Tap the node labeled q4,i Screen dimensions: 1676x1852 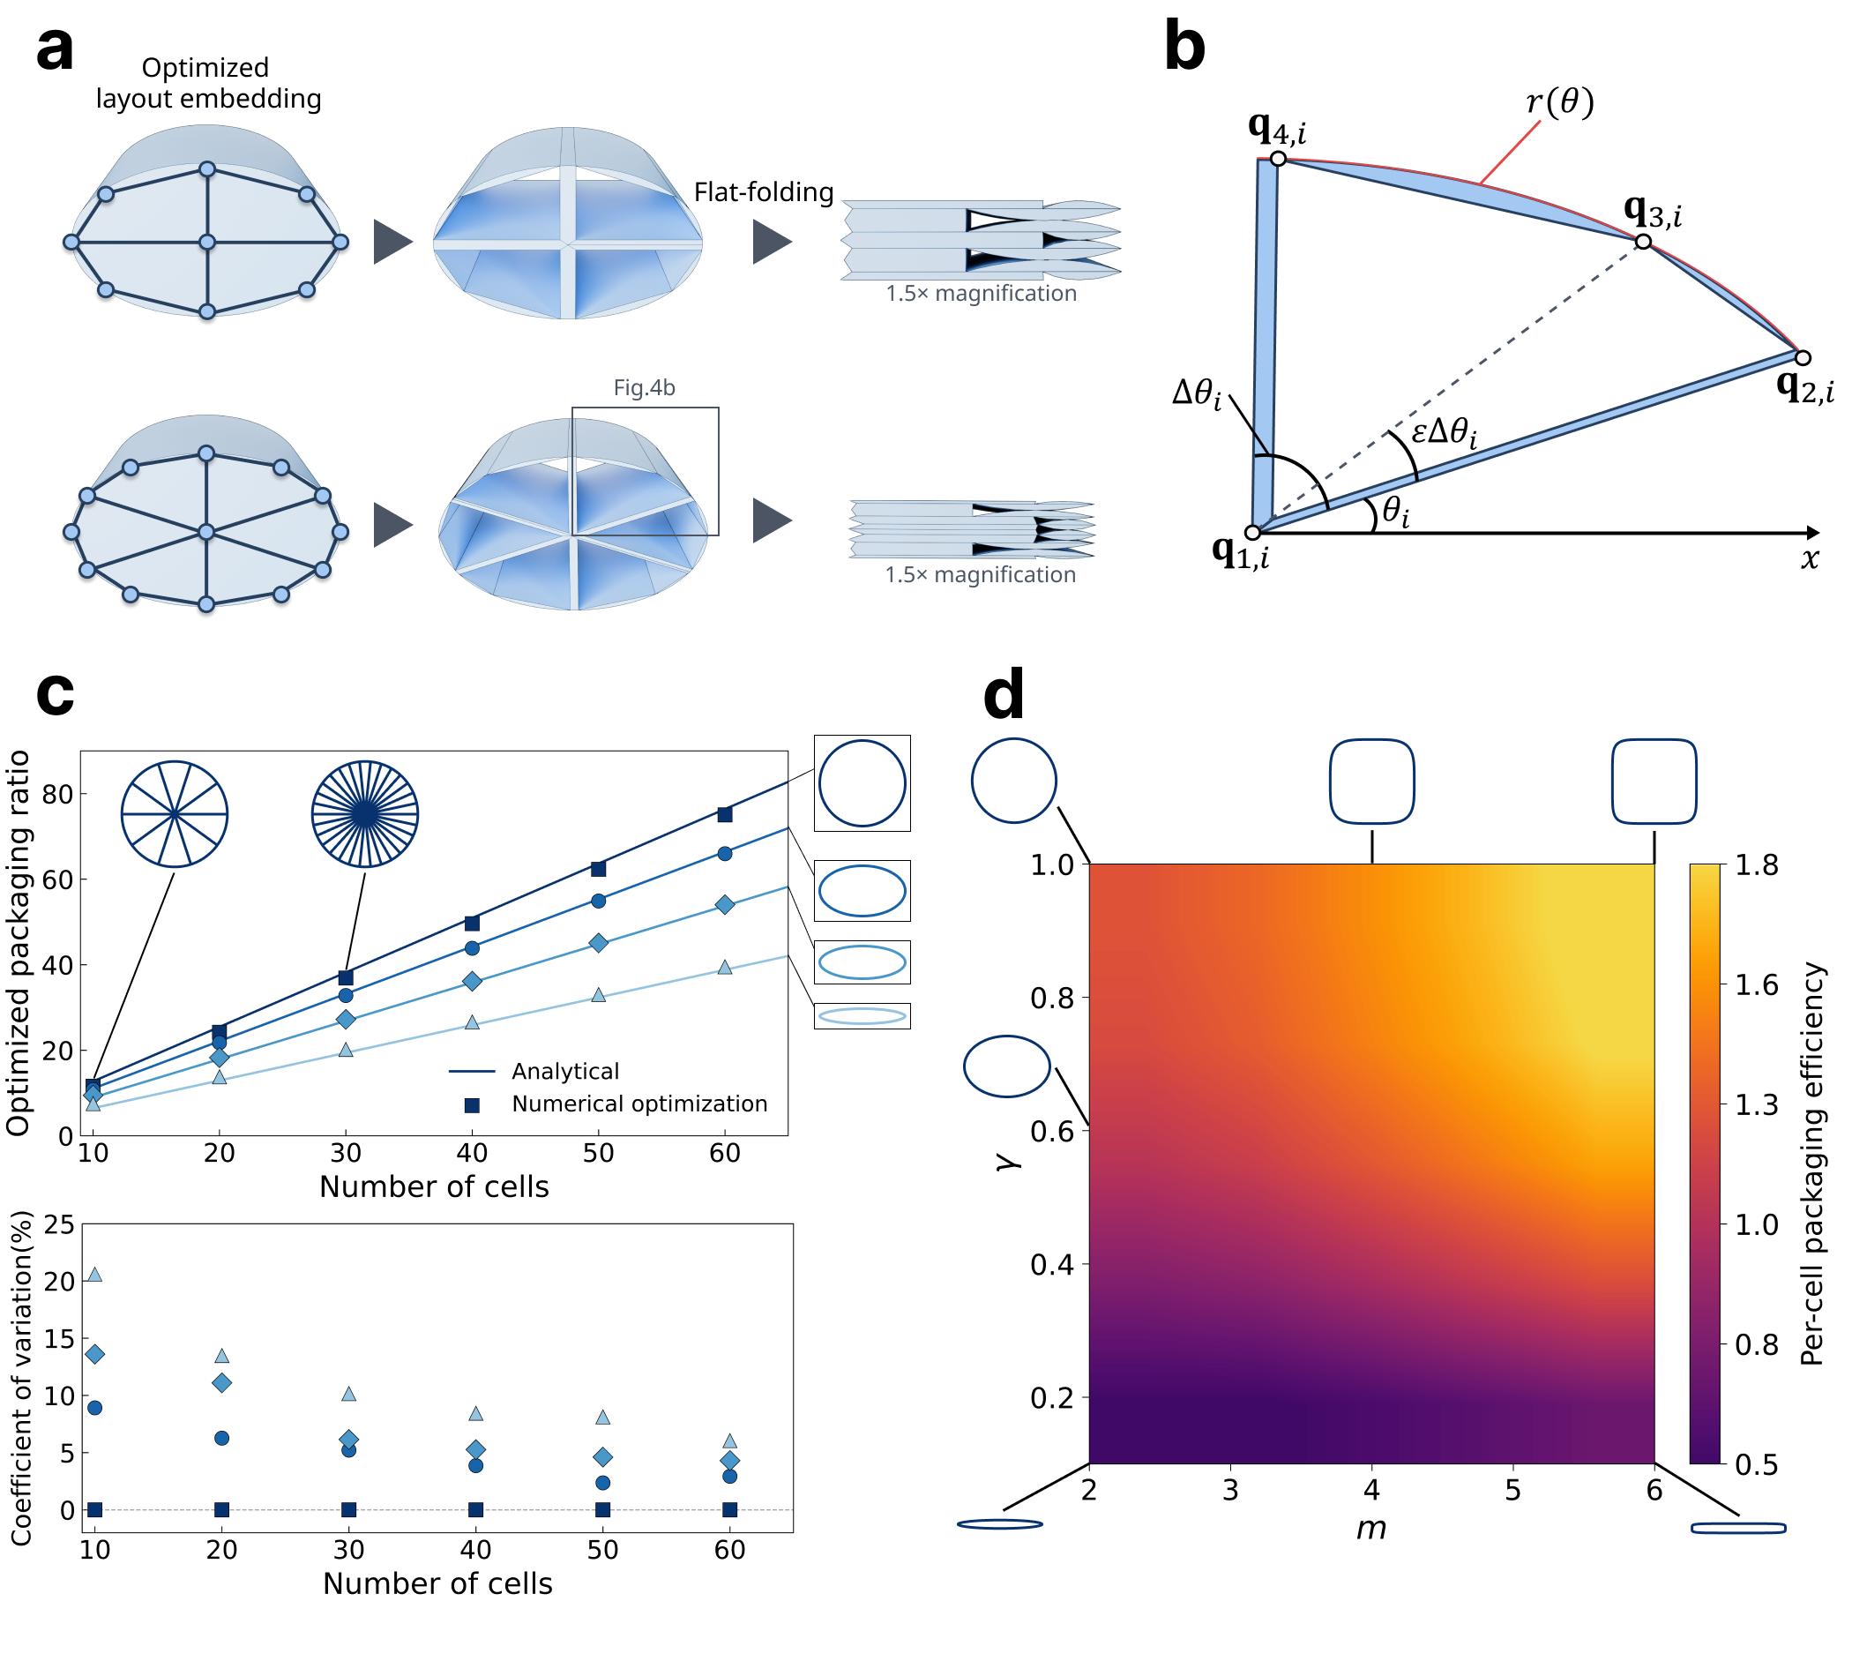[1278, 159]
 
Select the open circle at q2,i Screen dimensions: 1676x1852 [1803, 357]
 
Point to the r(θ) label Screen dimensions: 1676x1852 [1559, 102]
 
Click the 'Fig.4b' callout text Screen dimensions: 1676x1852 [644, 388]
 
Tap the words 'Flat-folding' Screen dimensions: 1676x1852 [764, 192]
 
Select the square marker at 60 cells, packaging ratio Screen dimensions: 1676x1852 [725, 814]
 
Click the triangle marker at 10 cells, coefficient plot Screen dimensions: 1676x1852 [94, 1275]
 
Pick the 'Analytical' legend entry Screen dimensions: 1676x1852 [565, 1072]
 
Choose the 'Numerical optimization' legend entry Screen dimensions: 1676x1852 [638, 1104]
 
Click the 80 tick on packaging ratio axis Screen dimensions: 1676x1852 [58, 794]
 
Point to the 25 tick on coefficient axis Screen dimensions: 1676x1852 [60, 1224]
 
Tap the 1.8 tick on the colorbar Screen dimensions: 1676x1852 [1756, 864]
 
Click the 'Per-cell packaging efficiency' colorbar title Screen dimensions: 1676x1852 [1811, 1163]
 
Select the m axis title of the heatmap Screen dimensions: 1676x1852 [1370, 1528]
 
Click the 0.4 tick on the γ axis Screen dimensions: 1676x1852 [1052, 1264]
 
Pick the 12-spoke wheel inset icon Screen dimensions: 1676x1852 [175, 814]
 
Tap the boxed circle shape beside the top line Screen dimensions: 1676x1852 [862, 783]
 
